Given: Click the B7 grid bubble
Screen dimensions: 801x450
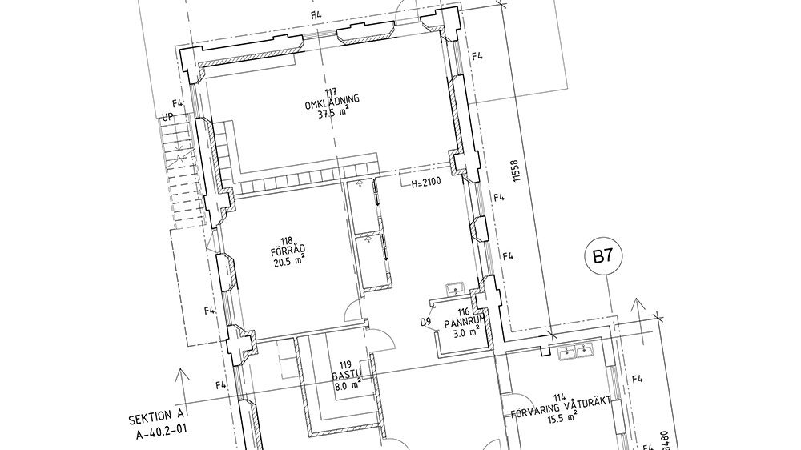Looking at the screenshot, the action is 603,256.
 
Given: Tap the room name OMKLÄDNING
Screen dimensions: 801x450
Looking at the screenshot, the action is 332,102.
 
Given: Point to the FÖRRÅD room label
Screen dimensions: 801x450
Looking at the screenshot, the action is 288,251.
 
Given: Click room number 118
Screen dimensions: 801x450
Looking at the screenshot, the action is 287,241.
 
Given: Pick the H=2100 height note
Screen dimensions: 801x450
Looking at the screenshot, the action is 426,181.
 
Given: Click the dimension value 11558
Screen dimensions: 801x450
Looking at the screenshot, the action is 515,171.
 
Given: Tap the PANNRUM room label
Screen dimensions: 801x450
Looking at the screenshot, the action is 464,323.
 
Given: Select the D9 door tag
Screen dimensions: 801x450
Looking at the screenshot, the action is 426,323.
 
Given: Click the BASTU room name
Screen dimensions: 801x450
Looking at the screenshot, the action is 346,375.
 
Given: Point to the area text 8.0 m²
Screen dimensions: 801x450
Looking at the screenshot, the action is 348,385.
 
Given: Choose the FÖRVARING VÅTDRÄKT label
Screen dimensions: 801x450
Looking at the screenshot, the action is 561,408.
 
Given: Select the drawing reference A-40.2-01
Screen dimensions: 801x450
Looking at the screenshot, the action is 161,432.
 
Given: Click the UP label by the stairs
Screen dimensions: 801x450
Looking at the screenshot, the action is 168,117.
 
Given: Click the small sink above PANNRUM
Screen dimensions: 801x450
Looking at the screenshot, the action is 454,290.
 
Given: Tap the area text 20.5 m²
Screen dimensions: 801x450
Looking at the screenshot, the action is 289,262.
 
